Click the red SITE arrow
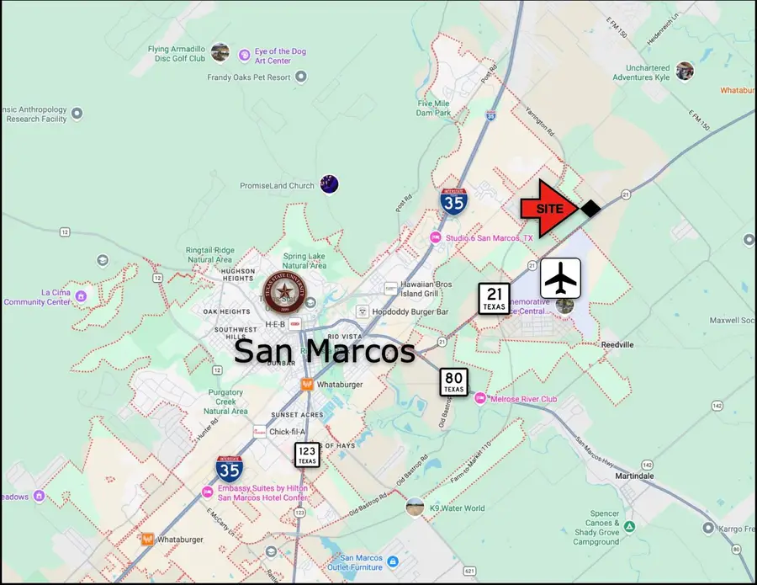pyautogui.click(x=548, y=208)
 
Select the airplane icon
pyautogui.click(x=560, y=278)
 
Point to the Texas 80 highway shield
pyautogui.click(x=454, y=382)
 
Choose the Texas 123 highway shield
pyautogui.click(x=306, y=455)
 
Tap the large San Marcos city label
pyautogui.click(x=324, y=351)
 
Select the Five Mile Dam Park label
pyautogui.click(x=433, y=109)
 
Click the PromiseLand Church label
pyautogui.click(x=277, y=186)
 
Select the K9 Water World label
pyautogui.click(x=457, y=508)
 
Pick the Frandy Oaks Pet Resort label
pyautogui.click(x=249, y=77)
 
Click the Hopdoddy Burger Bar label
pyautogui.click(x=412, y=311)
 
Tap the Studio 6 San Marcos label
pyautogui.click(x=493, y=238)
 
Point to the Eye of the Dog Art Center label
pyautogui.click(x=280, y=56)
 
